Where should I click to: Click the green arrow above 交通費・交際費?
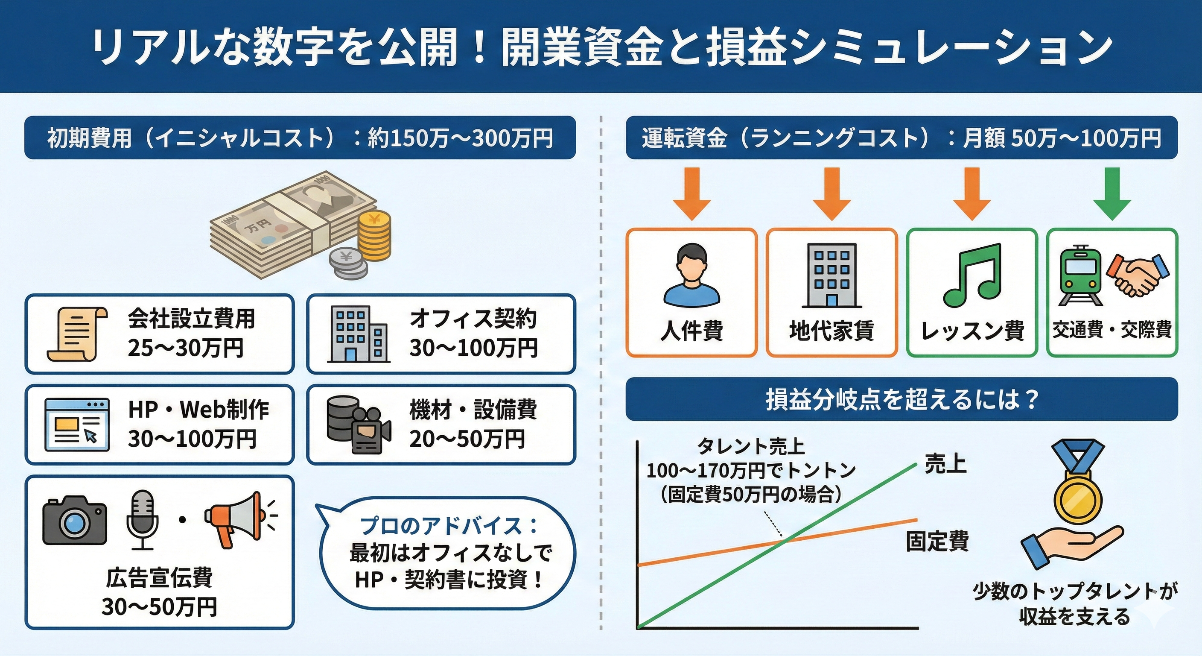pyautogui.click(x=1112, y=194)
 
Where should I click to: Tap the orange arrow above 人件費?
pyautogui.click(x=691, y=194)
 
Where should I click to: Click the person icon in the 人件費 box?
pyautogui.click(x=691, y=275)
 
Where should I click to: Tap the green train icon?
pyautogui.click(x=1081, y=275)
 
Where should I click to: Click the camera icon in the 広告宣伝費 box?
pyautogui.click(x=75, y=520)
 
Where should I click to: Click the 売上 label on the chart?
pyautogui.click(x=945, y=464)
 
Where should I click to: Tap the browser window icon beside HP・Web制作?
pyautogui.click(x=77, y=425)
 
